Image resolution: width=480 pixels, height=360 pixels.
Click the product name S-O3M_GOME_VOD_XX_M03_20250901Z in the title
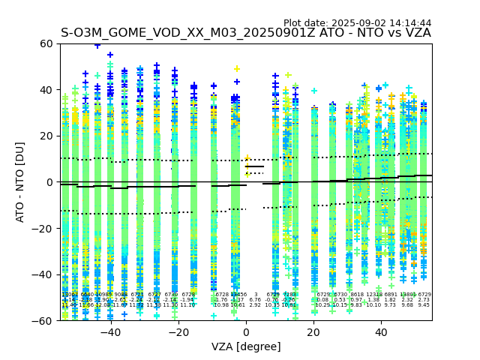pyautogui.click(x=189, y=34)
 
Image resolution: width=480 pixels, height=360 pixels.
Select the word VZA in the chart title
pyautogui.click(x=417, y=34)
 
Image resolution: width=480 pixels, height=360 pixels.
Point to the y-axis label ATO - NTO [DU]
pyautogui.click(x=21, y=182)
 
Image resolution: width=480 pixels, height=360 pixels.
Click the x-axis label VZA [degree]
pyautogui.click(x=246, y=346)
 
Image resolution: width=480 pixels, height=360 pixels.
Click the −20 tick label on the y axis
pyautogui.click(x=45, y=228)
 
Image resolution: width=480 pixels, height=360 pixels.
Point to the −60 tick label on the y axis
pyautogui.click(x=45, y=320)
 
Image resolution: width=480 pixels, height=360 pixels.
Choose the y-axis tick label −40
pyautogui.click(x=45, y=274)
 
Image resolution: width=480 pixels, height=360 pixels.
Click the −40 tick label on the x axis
pyautogui.click(x=110, y=331)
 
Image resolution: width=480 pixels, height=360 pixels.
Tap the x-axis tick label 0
pyautogui.click(x=246, y=331)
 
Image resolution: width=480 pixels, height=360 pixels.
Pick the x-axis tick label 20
pyautogui.click(x=313, y=331)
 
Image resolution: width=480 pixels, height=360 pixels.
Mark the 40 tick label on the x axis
pyautogui.click(x=381, y=331)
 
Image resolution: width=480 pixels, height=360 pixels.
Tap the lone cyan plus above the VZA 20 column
pyautogui.click(x=314, y=91)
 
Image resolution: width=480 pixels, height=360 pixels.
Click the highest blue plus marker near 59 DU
pyautogui.click(x=97, y=46)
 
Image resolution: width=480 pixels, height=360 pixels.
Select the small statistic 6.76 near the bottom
pyautogui.click(x=255, y=300)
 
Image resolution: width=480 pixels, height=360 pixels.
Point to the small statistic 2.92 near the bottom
pyautogui.click(x=255, y=305)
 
